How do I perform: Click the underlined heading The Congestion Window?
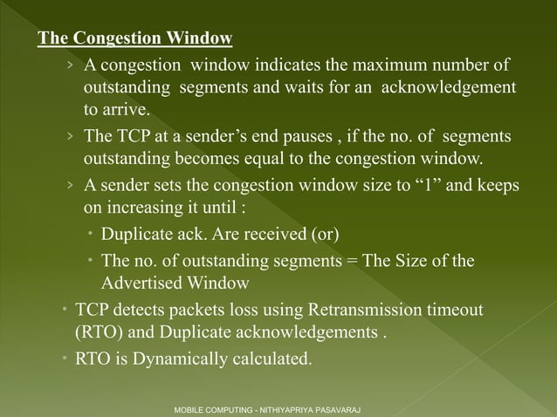pos(134,39)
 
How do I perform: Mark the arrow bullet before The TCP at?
pos(70,137)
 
